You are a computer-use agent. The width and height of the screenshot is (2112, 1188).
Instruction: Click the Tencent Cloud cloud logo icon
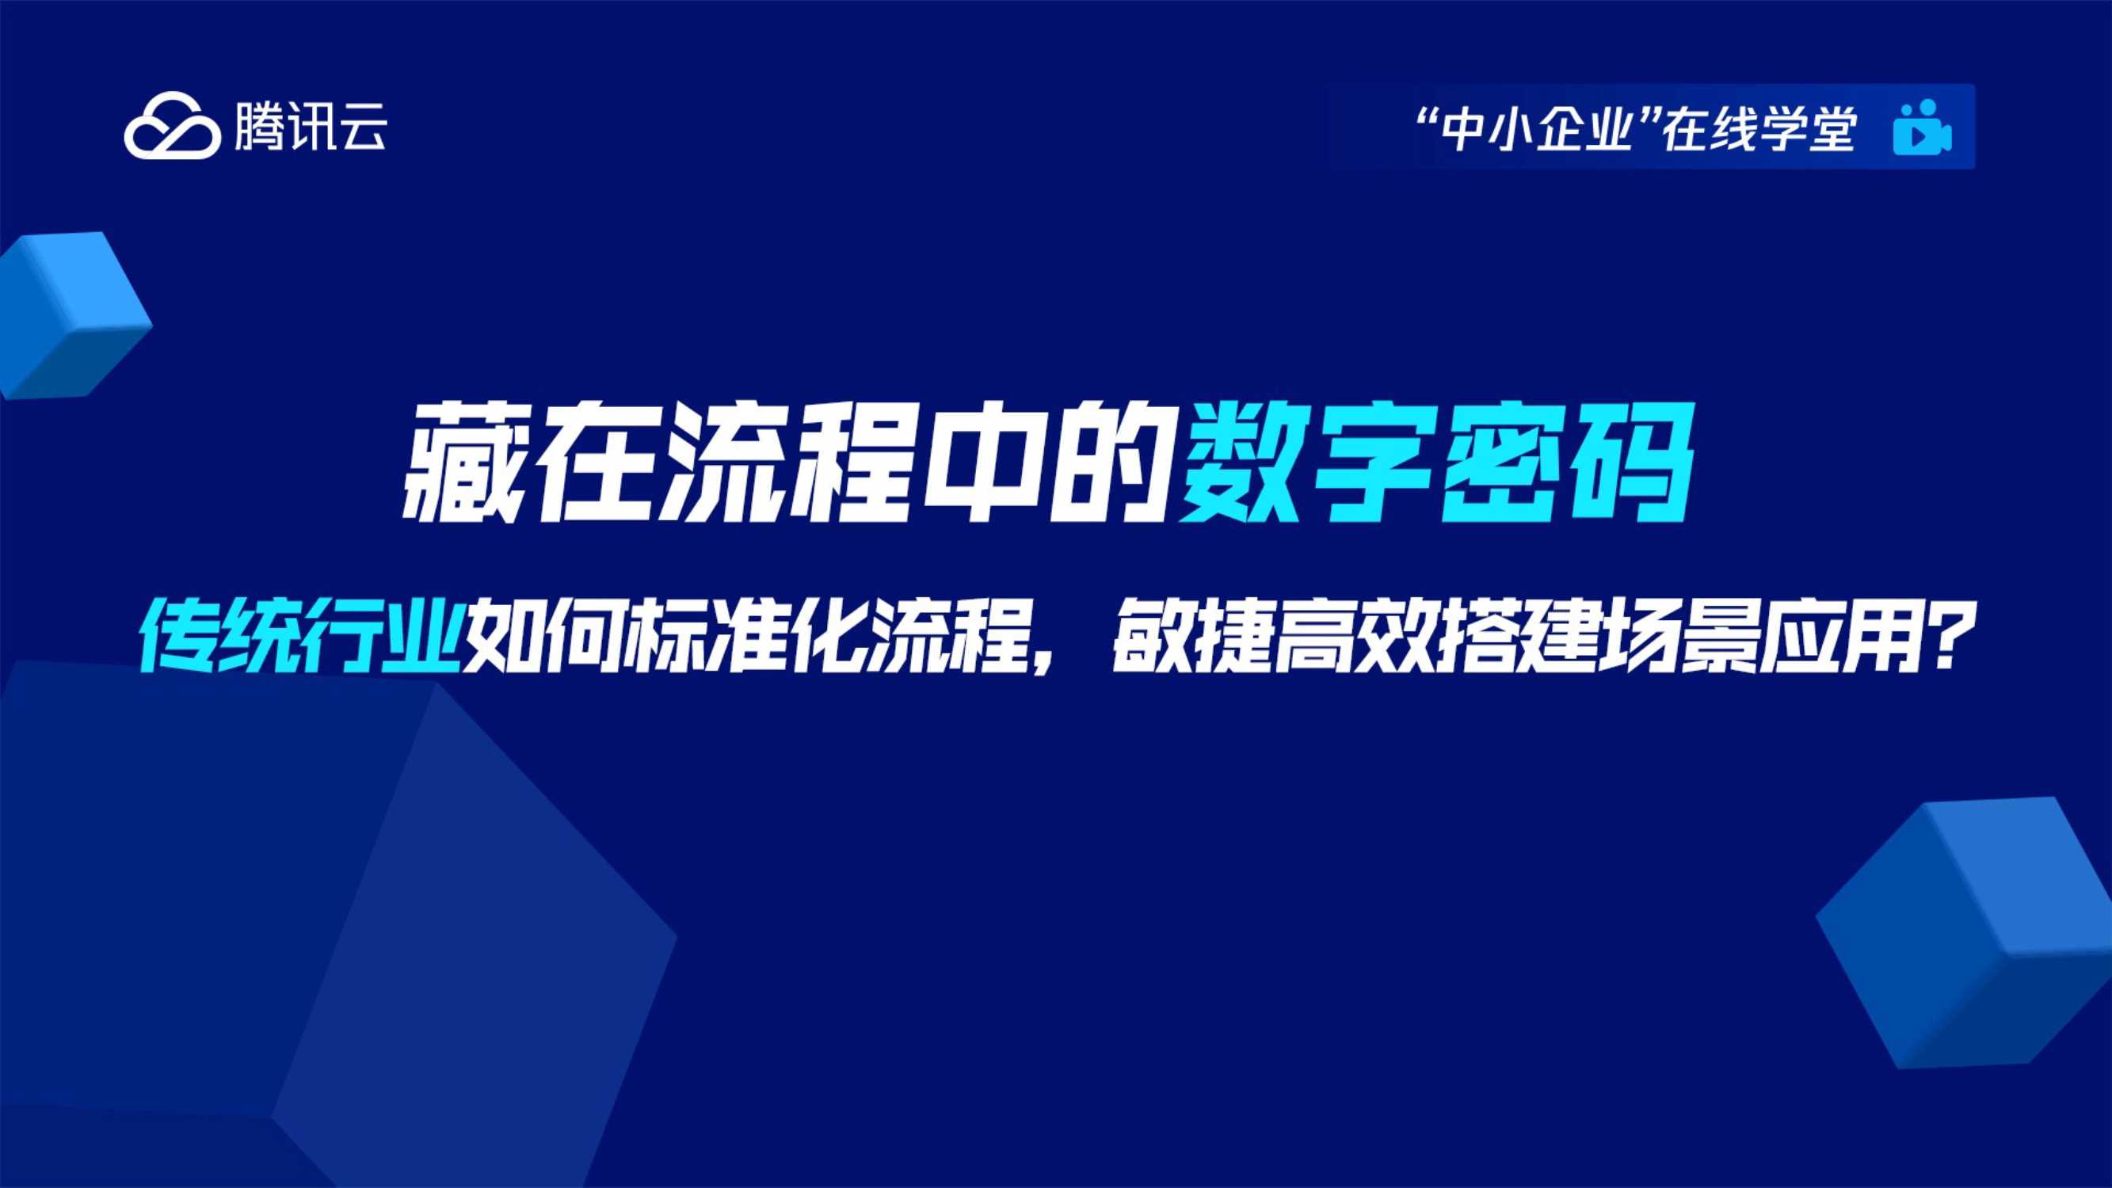(172, 128)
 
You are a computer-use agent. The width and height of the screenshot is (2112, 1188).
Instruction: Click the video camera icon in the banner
(1922, 128)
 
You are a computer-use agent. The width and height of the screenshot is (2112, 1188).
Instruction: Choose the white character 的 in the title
(1111, 464)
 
